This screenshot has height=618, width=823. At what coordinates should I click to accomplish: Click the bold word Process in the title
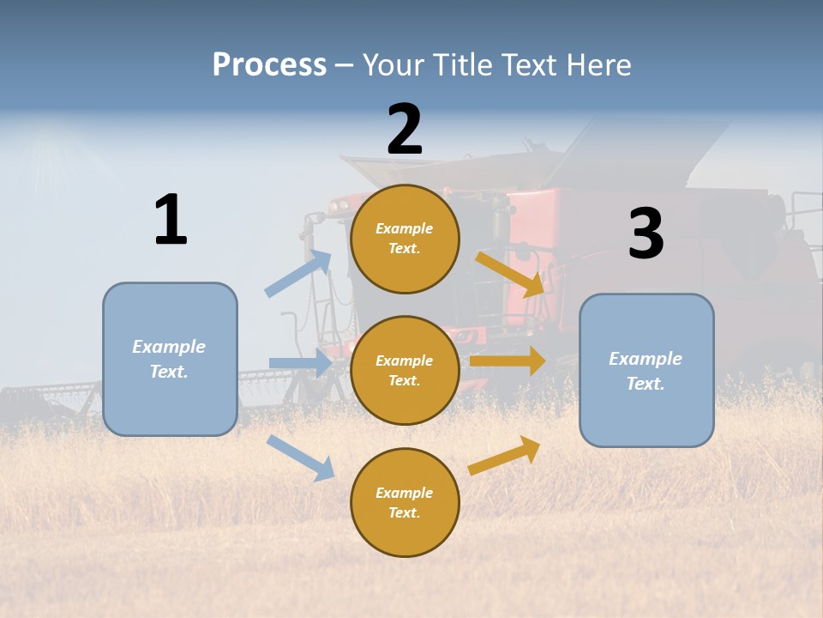click(269, 65)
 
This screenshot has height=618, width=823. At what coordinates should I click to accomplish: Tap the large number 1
click(171, 221)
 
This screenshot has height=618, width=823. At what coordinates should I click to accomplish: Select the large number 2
click(405, 130)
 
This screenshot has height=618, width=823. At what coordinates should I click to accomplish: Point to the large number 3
click(646, 234)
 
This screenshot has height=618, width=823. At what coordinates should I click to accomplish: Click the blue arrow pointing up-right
click(298, 274)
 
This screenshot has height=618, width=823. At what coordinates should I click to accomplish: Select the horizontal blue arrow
click(300, 363)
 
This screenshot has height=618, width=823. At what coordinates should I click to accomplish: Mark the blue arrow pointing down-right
click(301, 457)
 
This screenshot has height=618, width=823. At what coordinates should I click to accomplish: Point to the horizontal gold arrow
click(508, 360)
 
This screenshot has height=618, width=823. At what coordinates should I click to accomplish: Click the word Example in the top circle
click(405, 228)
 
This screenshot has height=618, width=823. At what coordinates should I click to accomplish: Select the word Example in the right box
click(646, 359)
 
